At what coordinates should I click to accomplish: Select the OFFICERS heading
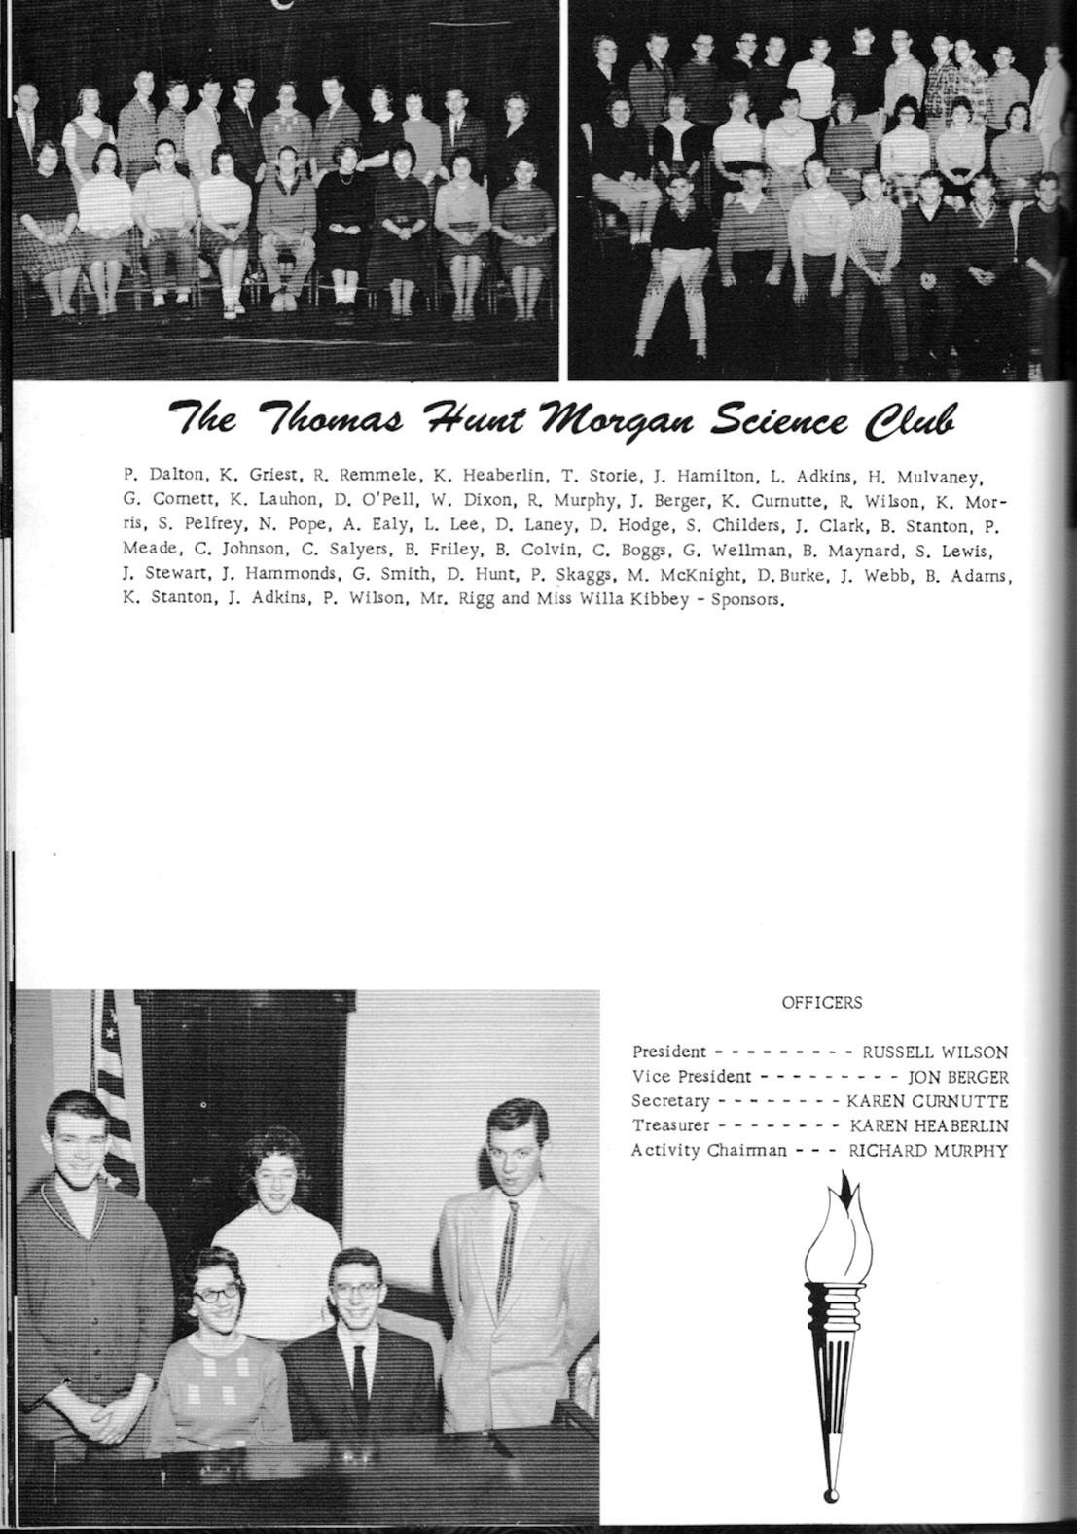click(x=821, y=1002)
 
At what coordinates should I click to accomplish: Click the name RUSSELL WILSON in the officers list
click(x=934, y=1052)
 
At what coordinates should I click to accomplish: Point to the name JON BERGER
click(x=957, y=1077)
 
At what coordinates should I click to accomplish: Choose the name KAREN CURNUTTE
click(x=927, y=1101)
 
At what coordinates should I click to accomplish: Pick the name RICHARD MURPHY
click(x=928, y=1151)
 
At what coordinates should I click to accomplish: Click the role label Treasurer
click(x=670, y=1125)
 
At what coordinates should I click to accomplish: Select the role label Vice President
click(x=691, y=1077)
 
